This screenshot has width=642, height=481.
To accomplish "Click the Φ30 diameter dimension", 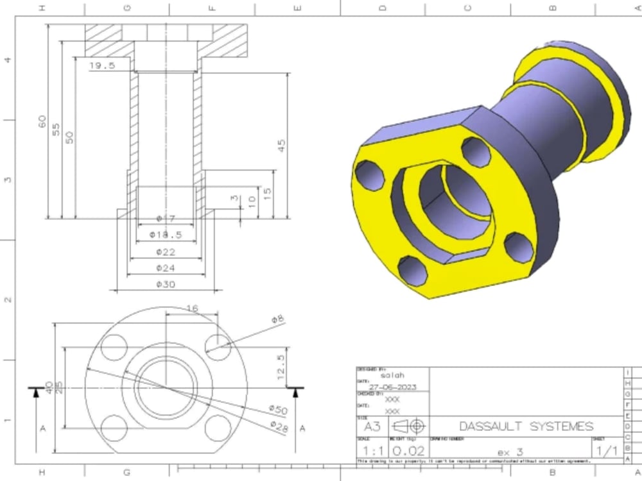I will click(x=166, y=284).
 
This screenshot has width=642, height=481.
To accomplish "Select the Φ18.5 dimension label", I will click(x=166, y=235).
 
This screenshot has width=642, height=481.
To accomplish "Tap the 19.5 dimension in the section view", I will click(x=102, y=65).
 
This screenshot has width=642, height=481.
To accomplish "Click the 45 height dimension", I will click(x=281, y=146).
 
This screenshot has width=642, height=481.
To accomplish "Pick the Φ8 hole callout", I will click(x=277, y=319).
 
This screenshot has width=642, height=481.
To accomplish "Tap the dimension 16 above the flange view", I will click(x=191, y=308).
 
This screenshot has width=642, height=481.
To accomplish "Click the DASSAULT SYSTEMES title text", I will click(x=526, y=426).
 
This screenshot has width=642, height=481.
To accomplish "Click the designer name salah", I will click(x=393, y=376).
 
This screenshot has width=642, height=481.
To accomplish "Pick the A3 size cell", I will click(x=372, y=426).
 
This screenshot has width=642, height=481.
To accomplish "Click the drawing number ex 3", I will click(x=510, y=452).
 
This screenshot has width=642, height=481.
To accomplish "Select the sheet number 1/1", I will click(x=607, y=451).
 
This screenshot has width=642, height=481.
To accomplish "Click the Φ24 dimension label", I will click(x=166, y=268).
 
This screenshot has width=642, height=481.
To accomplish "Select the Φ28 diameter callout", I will click(x=278, y=425).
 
